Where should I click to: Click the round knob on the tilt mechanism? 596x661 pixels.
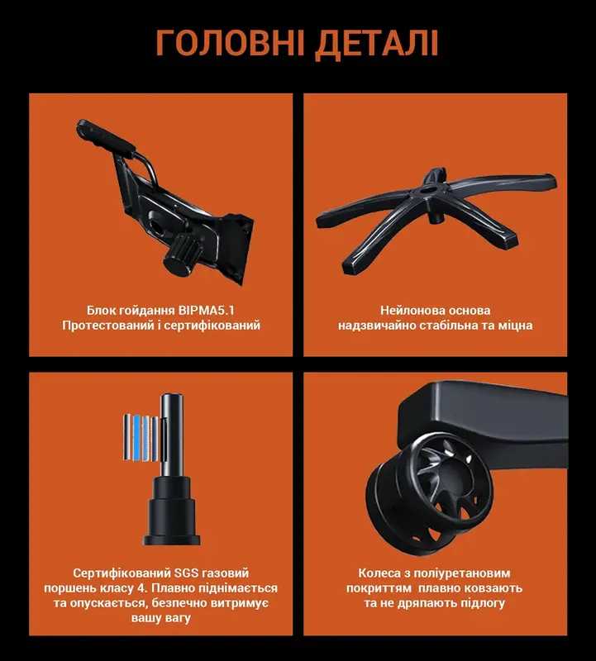[175, 255]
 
